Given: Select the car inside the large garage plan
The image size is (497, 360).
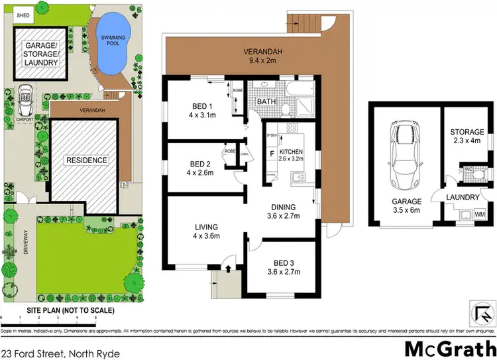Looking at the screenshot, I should tap(404, 154).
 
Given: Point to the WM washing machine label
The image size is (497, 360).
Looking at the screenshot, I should tap(479, 214).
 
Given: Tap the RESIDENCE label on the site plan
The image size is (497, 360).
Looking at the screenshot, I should tap(85, 160).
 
